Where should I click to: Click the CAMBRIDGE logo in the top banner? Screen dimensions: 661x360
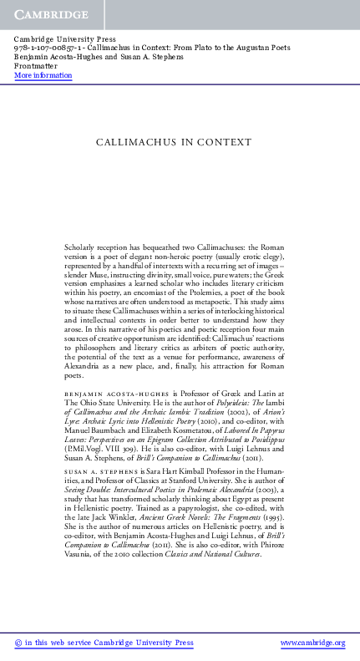(x=49, y=15)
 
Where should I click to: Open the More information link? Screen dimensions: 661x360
(x=43, y=75)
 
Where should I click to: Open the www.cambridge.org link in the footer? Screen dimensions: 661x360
(x=312, y=643)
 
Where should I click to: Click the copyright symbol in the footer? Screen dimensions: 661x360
(x=18, y=643)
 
